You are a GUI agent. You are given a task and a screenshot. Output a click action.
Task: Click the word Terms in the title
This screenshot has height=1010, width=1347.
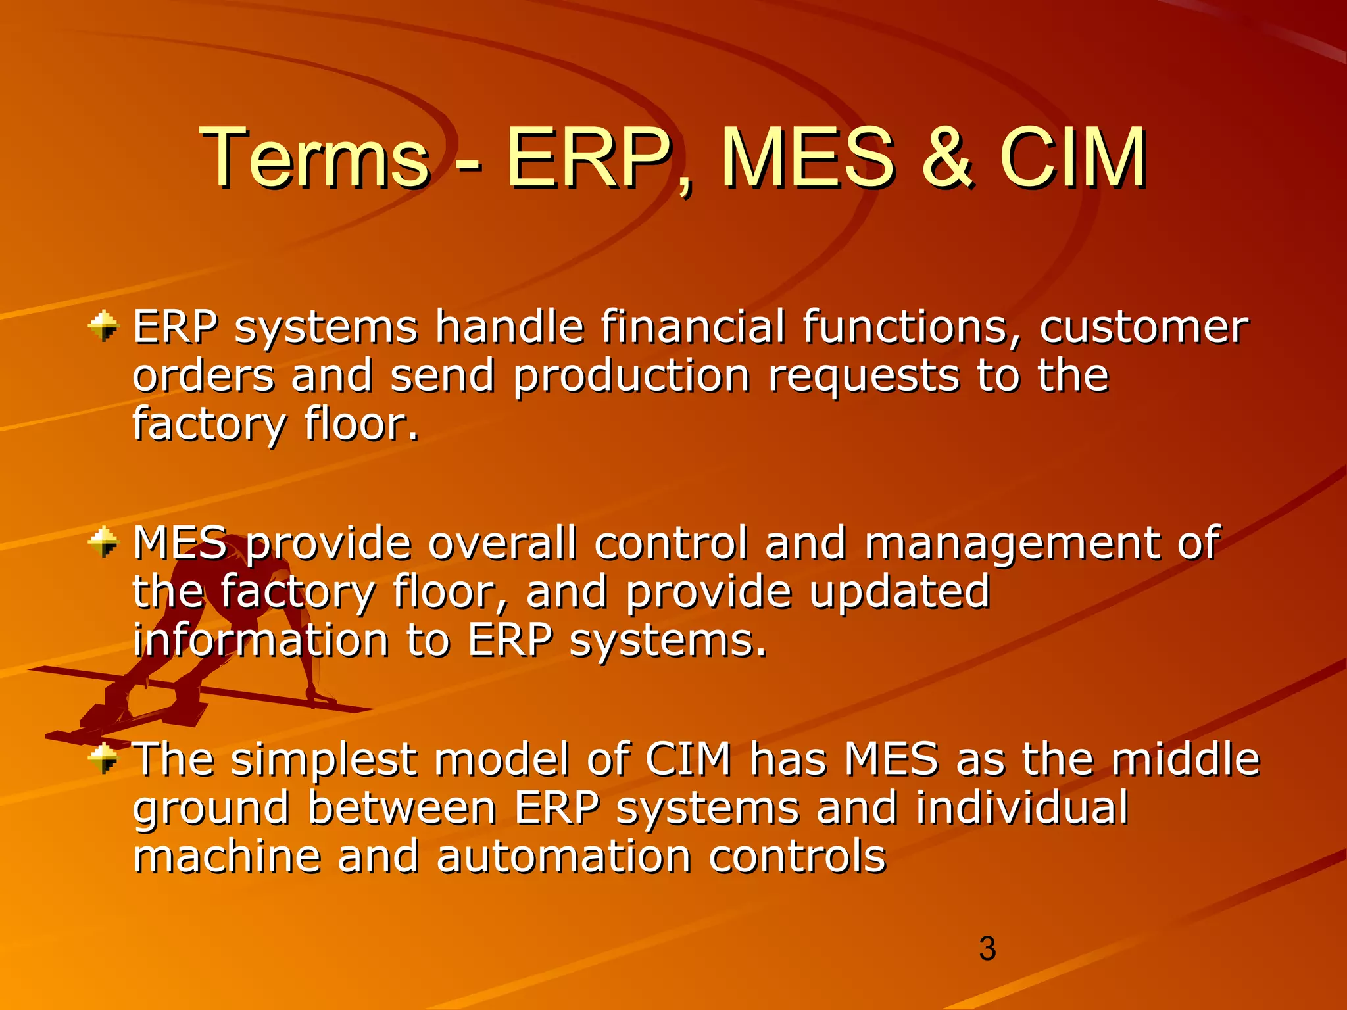[314, 158]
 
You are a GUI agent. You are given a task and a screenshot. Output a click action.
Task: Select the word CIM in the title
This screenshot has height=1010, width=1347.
[1072, 158]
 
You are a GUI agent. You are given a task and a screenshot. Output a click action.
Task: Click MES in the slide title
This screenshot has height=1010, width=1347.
[808, 158]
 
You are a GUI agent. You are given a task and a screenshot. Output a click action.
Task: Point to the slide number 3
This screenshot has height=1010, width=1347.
[987, 949]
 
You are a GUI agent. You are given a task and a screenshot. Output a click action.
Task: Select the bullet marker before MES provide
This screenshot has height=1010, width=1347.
[103, 543]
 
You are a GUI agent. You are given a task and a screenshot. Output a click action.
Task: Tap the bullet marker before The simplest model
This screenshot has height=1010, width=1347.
[103, 759]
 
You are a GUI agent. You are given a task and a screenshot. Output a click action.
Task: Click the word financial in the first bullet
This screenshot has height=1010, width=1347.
[693, 327]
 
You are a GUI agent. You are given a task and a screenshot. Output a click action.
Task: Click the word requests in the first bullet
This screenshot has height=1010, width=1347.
[863, 376]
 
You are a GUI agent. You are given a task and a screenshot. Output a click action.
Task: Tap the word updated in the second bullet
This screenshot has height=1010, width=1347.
[899, 592]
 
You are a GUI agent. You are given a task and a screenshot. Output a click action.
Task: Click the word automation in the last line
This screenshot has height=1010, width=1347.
[564, 856]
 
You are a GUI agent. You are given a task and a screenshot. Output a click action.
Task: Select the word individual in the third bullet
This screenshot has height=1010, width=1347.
[1021, 807]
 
